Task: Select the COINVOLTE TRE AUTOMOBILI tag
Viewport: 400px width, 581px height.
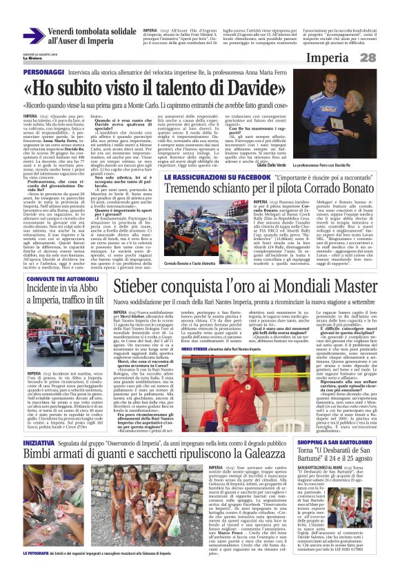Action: (x=53, y=278)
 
